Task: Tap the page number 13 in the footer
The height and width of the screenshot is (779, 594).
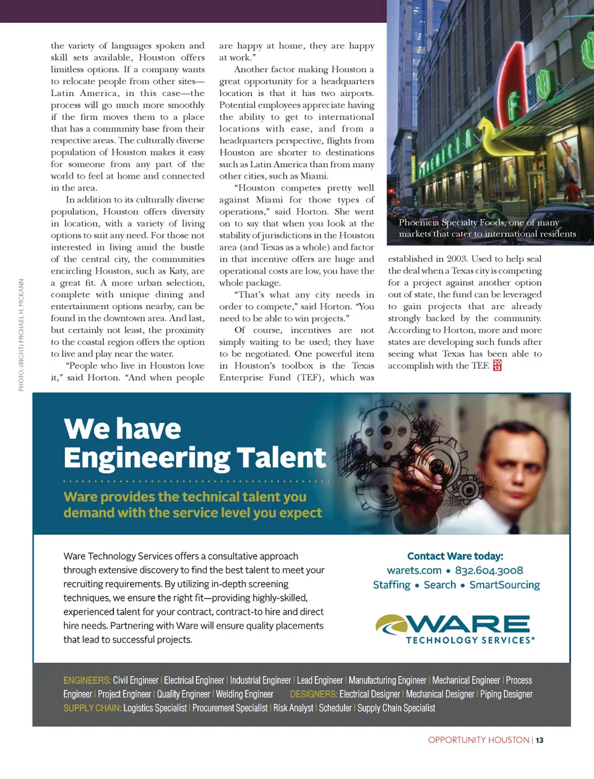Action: [540, 740]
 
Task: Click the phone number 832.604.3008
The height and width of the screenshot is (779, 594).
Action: [489, 571]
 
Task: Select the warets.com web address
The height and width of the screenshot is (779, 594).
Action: [414, 571]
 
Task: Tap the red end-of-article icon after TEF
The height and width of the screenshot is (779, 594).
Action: [497, 365]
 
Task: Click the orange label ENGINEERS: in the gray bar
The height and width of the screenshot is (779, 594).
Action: [87, 681]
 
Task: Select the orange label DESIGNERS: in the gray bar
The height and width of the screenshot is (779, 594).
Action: [313, 694]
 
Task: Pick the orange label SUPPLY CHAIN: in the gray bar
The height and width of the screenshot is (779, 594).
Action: [92, 708]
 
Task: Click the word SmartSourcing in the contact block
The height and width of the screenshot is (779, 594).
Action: [504, 585]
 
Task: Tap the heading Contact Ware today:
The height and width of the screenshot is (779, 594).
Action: [455, 556]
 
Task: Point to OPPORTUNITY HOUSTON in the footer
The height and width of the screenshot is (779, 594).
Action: [478, 740]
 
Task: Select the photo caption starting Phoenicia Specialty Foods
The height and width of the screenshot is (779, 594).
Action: [487, 228]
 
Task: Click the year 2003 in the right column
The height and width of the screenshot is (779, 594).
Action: [457, 259]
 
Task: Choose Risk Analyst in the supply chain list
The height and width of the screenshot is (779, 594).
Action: [293, 708]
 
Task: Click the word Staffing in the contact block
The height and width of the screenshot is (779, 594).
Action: [391, 585]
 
